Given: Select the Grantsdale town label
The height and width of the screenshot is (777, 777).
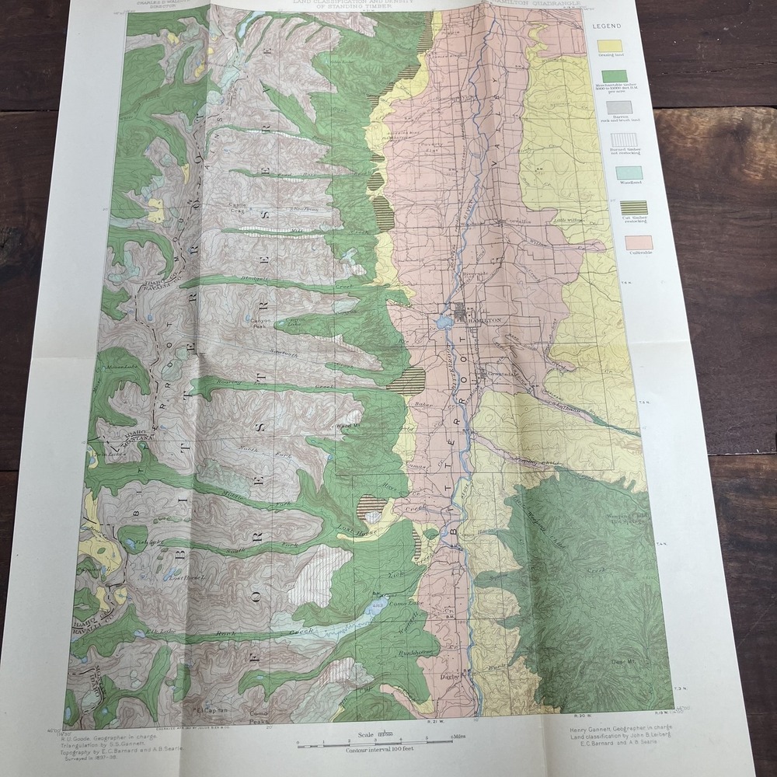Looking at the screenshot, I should (x=504, y=374).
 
